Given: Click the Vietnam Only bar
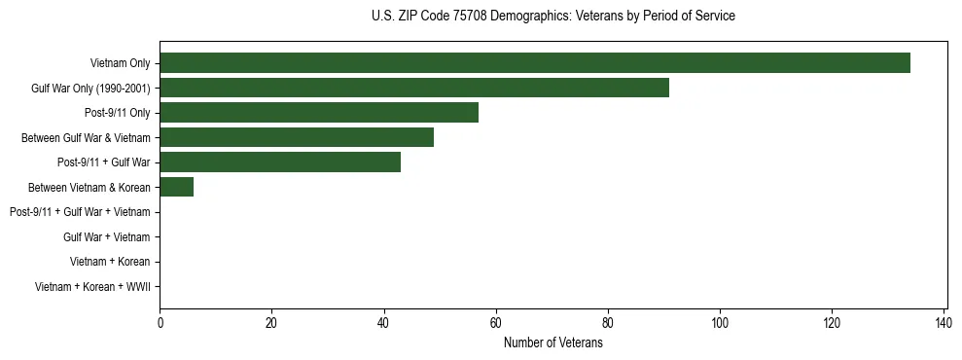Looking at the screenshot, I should [535, 63].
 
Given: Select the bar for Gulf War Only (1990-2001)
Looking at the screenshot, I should [414, 88].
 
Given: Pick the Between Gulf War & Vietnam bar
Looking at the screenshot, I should [297, 137].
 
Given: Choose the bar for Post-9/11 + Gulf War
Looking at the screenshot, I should [280, 162].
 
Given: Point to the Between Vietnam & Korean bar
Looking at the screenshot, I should [177, 187].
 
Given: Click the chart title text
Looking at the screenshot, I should [553, 17].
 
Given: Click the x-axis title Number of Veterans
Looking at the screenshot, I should [553, 342].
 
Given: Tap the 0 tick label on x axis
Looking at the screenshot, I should [160, 323].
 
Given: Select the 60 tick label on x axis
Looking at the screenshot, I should [496, 323].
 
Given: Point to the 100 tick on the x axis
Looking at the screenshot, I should [720, 323].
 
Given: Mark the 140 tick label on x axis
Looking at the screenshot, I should [944, 323].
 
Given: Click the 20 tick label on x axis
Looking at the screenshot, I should [271, 323].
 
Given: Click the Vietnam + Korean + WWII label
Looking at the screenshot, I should [92, 286].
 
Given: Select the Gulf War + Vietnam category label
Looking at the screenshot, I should [106, 236].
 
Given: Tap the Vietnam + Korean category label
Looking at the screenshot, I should [110, 262].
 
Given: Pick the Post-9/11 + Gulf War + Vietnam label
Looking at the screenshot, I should [80, 212].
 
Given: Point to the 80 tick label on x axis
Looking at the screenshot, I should [608, 323].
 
